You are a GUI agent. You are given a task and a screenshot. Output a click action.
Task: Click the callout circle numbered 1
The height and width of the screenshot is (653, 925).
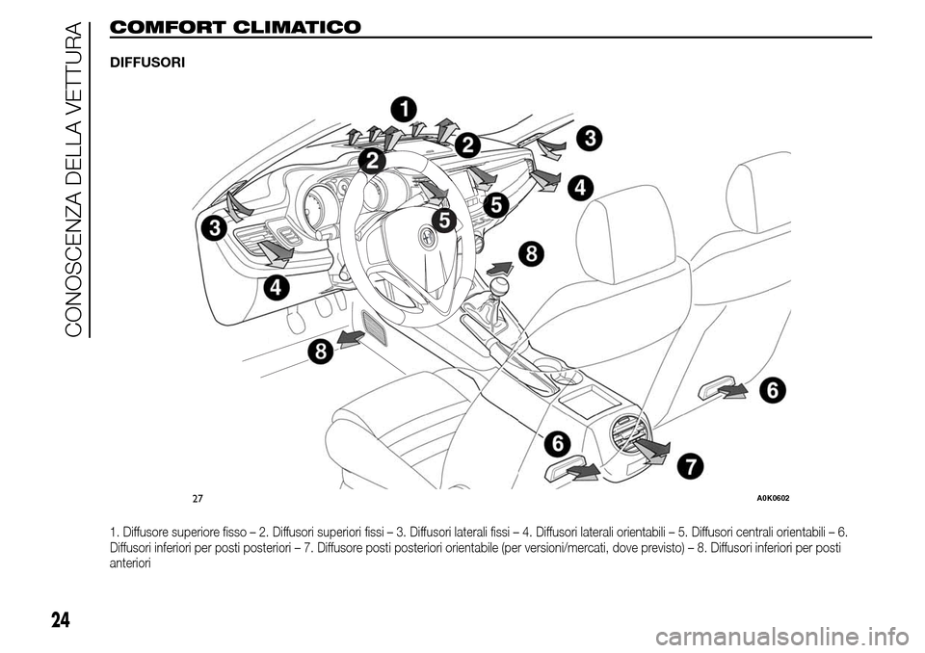click(403, 108)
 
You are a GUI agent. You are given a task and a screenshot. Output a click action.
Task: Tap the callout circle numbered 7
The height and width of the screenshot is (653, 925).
click(689, 466)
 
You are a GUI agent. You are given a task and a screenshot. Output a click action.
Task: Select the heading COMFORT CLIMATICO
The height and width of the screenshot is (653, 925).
click(236, 27)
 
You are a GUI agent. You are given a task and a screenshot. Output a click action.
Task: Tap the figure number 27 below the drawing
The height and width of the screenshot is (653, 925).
click(198, 497)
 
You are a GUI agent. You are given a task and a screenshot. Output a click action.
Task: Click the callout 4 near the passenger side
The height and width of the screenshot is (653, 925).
click(580, 188)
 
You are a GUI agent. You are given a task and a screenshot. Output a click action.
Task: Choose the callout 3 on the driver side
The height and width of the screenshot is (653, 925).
click(213, 228)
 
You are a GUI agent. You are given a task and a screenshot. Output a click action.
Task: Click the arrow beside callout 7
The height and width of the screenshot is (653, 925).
click(652, 449)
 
